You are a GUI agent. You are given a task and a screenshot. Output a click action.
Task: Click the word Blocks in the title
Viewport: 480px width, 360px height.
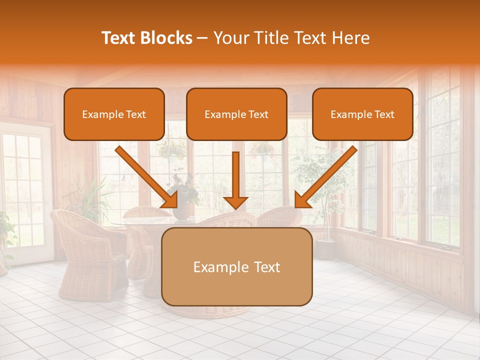tap(167, 38)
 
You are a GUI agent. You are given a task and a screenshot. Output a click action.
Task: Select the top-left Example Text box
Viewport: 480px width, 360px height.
tap(114, 114)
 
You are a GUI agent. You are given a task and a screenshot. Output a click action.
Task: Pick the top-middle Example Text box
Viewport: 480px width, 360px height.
tap(236, 114)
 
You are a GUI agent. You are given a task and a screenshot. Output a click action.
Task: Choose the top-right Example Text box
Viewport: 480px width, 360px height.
tap(362, 114)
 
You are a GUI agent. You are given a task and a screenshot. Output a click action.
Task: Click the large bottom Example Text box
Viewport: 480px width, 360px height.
tap(236, 266)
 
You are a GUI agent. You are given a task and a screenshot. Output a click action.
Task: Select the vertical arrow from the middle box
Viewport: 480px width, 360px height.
tap(235, 180)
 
